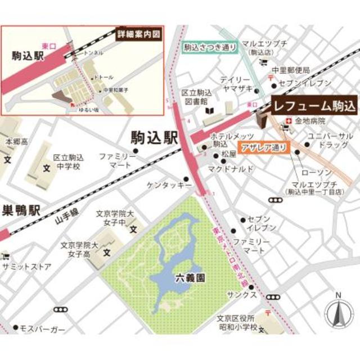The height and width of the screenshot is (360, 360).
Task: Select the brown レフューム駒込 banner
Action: point(312,105)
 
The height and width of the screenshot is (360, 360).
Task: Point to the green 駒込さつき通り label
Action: point(209,48)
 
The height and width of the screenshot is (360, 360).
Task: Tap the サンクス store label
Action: point(246,295)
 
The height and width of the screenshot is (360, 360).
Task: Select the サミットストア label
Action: point(27,266)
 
